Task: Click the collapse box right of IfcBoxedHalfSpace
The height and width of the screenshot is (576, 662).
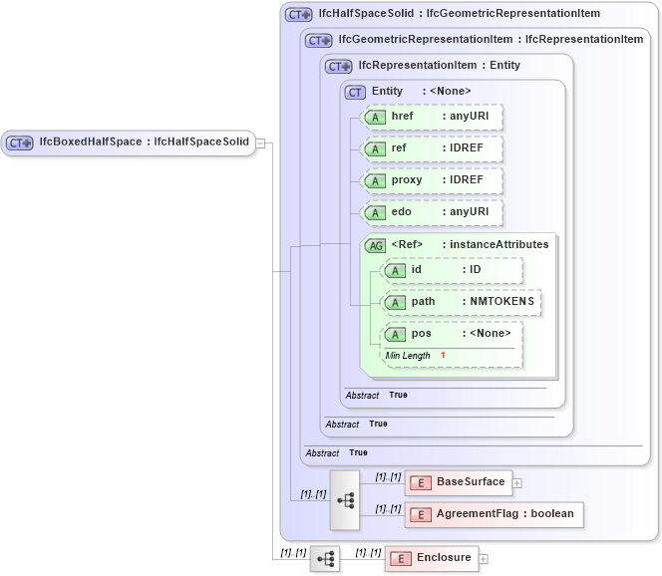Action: pyautogui.click(x=260, y=143)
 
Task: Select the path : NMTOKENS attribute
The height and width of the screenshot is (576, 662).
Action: pyautogui.click(x=461, y=302)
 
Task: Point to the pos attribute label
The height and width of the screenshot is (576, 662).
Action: pyautogui.click(x=423, y=334)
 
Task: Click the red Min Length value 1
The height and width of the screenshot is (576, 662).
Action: pyautogui.click(x=442, y=356)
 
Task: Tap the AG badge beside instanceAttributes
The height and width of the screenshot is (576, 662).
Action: pyautogui.click(x=375, y=245)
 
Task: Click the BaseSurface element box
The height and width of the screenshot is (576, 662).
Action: pyautogui.click(x=458, y=483)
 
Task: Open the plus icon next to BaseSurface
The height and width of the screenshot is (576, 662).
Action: pyautogui.click(x=516, y=483)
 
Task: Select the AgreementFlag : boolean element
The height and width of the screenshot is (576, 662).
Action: pyautogui.click(x=494, y=514)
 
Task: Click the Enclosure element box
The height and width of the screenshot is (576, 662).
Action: pyautogui.click(x=431, y=558)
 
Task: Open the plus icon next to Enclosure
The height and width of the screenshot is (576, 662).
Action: pyautogui.click(x=484, y=559)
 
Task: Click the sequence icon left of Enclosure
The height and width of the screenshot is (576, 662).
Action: pyautogui.click(x=324, y=559)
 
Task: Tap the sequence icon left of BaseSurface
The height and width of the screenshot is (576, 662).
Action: pyautogui.click(x=345, y=499)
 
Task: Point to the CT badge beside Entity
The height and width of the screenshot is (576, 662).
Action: pyautogui.click(x=355, y=92)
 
